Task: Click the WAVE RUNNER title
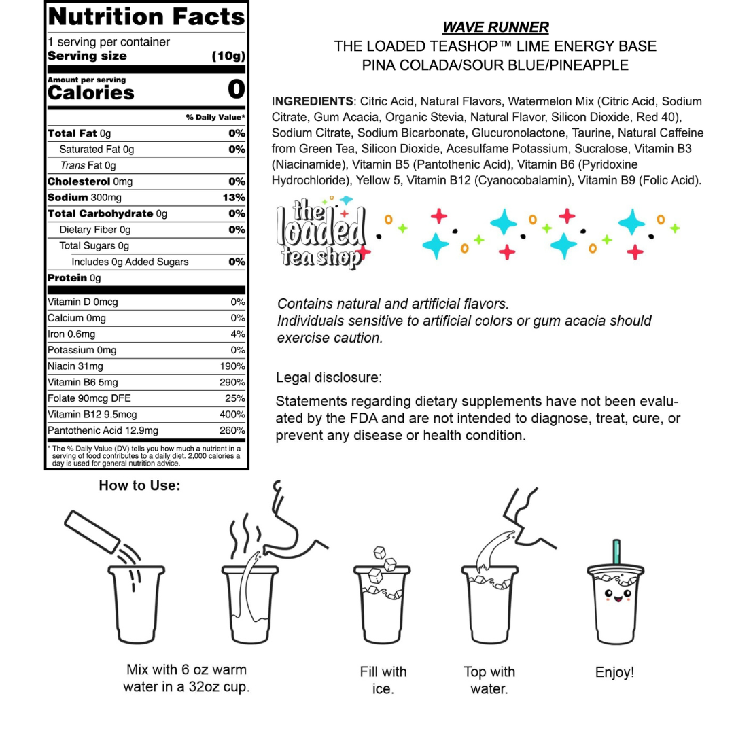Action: coord(495,27)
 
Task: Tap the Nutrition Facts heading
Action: coord(146,16)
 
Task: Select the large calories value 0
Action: coord(236,90)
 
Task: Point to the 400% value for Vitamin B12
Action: coord(232,415)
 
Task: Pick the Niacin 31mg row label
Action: coord(71,366)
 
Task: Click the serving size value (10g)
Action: coord(228,56)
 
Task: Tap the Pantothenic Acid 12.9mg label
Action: coord(103,431)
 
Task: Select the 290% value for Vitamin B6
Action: coord(232,383)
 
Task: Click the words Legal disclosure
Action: coord(329,377)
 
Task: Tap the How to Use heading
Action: coord(139,485)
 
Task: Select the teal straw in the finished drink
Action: coord(617,553)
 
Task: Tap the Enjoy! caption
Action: coord(614,673)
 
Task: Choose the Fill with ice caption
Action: coord(383,680)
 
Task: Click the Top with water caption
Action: coord(489,680)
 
